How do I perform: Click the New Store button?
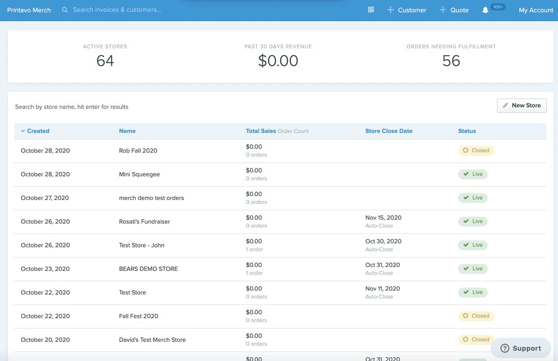coord(521,105)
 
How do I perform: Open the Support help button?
coord(521,348)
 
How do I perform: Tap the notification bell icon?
coord(485,10)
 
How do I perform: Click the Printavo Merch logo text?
coord(29,10)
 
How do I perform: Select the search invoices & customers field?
coord(117,10)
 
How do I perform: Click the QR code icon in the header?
coord(371,10)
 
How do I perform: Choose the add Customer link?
coord(407,10)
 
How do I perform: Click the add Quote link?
coord(454,10)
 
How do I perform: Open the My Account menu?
coord(536,10)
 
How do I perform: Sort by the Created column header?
coord(35,131)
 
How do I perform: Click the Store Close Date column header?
coord(388,131)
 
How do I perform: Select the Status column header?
coord(467,131)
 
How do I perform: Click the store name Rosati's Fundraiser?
coord(145,221)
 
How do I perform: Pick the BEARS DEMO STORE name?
coord(148,269)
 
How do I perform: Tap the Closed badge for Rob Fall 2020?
coord(476,150)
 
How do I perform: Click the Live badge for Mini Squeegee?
coord(472,174)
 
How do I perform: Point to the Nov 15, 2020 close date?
coord(383,217)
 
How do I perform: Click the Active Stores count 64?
coord(105,61)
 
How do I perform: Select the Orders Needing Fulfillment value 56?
coord(451,61)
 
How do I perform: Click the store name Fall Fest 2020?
coord(139,316)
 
